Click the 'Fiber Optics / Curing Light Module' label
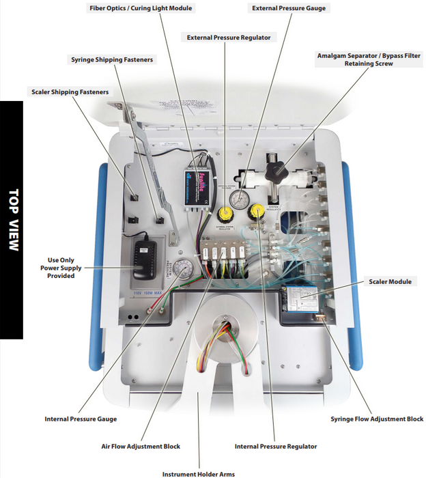click(141, 8)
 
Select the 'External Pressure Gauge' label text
click(288, 8)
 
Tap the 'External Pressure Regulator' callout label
click(229, 38)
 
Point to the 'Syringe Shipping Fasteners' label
click(112, 59)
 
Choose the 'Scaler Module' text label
click(390, 281)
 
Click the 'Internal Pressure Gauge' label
click(81, 419)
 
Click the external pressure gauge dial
click(238, 199)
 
